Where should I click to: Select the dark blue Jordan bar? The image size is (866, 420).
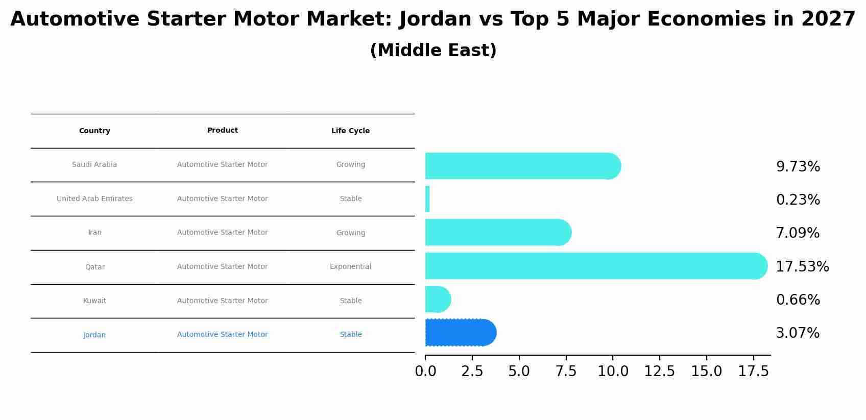[x=460, y=333]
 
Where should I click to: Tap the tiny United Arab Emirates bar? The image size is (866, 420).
[x=427, y=199]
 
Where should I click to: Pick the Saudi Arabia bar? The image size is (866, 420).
[x=521, y=166]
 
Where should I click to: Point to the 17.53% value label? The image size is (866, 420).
[x=802, y=267]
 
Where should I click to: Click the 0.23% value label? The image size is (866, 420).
[x=798, y=200]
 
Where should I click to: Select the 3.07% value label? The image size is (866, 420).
[x=797, y=333]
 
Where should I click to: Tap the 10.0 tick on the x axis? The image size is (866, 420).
[x=613, y=372]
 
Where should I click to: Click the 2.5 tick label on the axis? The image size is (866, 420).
[x=472, y=372]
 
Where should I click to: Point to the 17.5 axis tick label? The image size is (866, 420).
[x=753, y=372]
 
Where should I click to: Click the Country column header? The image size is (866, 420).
[x=94, y=131]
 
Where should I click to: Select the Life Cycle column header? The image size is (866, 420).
[x=350, y=131]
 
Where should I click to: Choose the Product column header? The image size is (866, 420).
[x=222, y=131]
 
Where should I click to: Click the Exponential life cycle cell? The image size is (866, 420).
[x=350, y=267]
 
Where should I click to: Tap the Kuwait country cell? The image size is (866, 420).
[x=94, y=301]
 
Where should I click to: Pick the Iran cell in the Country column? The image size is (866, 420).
[x=94, y=233]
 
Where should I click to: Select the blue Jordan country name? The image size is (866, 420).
[x=94, y=335]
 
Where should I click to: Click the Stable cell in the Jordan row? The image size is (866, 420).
[x=350, y=335]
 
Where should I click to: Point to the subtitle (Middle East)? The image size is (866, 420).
[x=433, y=51]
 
